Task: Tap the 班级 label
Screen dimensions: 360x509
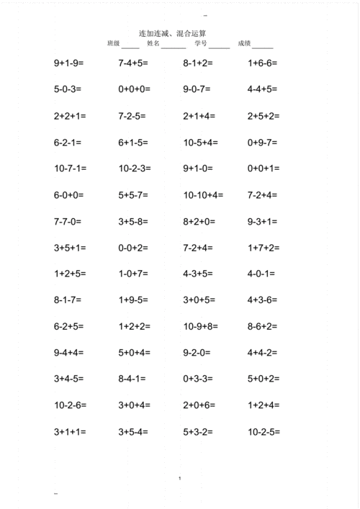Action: (113, 44)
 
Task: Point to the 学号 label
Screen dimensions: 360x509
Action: (200, 44)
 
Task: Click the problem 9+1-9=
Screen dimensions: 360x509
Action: (69, 63)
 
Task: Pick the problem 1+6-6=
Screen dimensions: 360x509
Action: (262, 63)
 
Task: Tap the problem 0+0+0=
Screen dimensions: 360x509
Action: (134, 90)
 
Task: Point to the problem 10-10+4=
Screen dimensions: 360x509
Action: (204, 195)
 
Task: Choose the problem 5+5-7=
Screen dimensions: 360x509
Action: (134, 195)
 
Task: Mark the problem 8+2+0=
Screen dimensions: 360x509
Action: (199, 221)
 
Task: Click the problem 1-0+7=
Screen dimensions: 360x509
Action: (134, 274)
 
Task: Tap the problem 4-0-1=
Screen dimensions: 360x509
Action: (260, 274)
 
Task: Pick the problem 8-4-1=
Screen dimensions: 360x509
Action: (132, 379)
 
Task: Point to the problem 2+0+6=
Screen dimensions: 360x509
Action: (199, 405)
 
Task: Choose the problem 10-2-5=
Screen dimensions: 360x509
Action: (264, 432)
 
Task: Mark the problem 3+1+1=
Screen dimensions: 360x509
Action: (69, 432)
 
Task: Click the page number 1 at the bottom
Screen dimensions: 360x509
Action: (179, 478)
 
